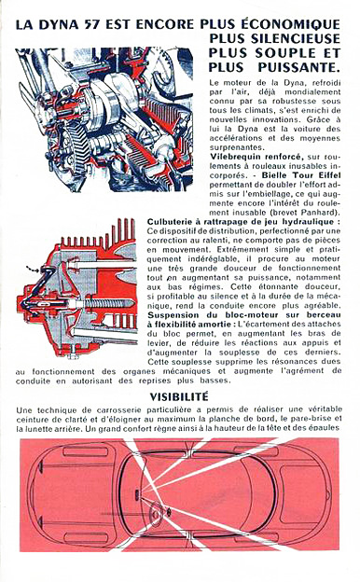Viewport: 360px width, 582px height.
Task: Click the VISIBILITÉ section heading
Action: click(179, 396)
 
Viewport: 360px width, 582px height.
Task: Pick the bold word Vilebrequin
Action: click(233, 157)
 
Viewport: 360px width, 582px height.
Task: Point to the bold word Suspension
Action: click(170, 315)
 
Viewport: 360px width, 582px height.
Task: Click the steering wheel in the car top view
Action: click(157, 512)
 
